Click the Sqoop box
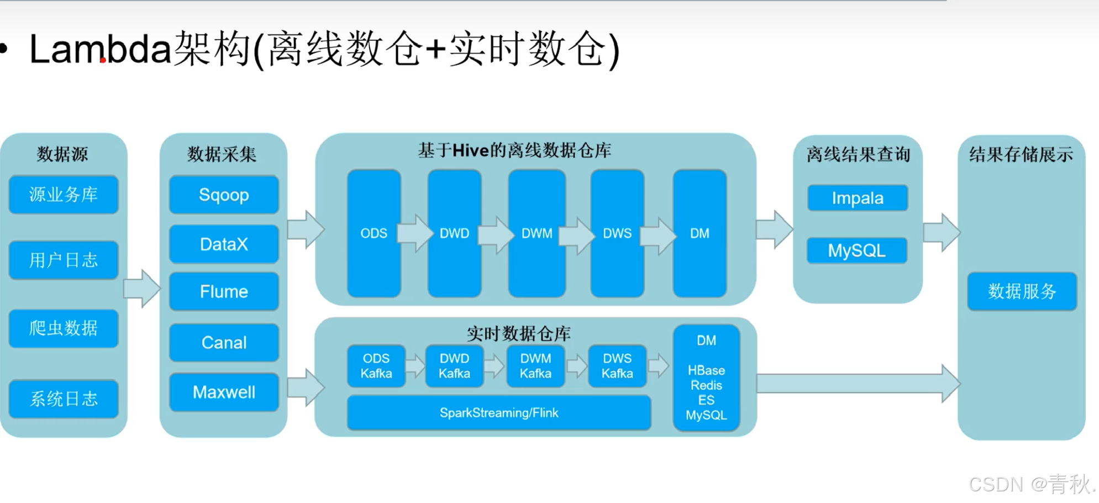(224, 195)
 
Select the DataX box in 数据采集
(224, 244)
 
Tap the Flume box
(224, 291)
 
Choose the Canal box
(224, 343)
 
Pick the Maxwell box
(224, 392)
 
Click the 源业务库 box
(64, 195)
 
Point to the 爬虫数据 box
(64, 328)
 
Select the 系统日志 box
(64, 399)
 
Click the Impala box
(858, 198)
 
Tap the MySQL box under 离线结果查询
(857, 251)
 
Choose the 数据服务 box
(1022, 291)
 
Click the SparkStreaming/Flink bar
(499, 413)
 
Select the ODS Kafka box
(376, 366)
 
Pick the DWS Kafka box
(617, 366)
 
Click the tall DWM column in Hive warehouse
(537, 233)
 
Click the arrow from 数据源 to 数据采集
(142, 288)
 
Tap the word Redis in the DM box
(706, 385)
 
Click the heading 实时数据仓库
(518, 334)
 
